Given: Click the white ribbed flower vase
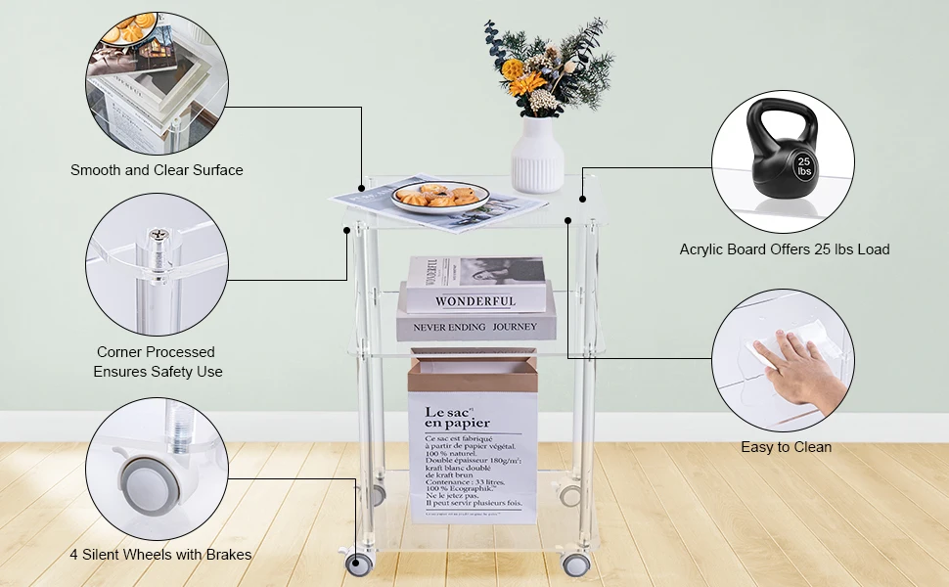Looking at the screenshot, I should point(537,155).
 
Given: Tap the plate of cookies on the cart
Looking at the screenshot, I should point(436,196).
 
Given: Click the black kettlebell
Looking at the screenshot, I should point(780,157).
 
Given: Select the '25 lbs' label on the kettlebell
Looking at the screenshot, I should point(804,165).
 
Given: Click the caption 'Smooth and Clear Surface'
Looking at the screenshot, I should point(157,170).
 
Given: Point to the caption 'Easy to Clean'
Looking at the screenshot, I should point(786,447).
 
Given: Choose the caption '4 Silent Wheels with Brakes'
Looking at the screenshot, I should point(160,555).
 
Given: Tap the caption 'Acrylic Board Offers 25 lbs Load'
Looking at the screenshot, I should point(785,249).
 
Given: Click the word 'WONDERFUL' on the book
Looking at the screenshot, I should point(475,301).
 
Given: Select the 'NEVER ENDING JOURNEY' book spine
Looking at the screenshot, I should point(475,327).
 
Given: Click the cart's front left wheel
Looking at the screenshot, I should point(359,564).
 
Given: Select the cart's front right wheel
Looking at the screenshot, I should point(576,564).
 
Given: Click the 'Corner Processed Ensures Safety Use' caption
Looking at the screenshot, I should point(157,362).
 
